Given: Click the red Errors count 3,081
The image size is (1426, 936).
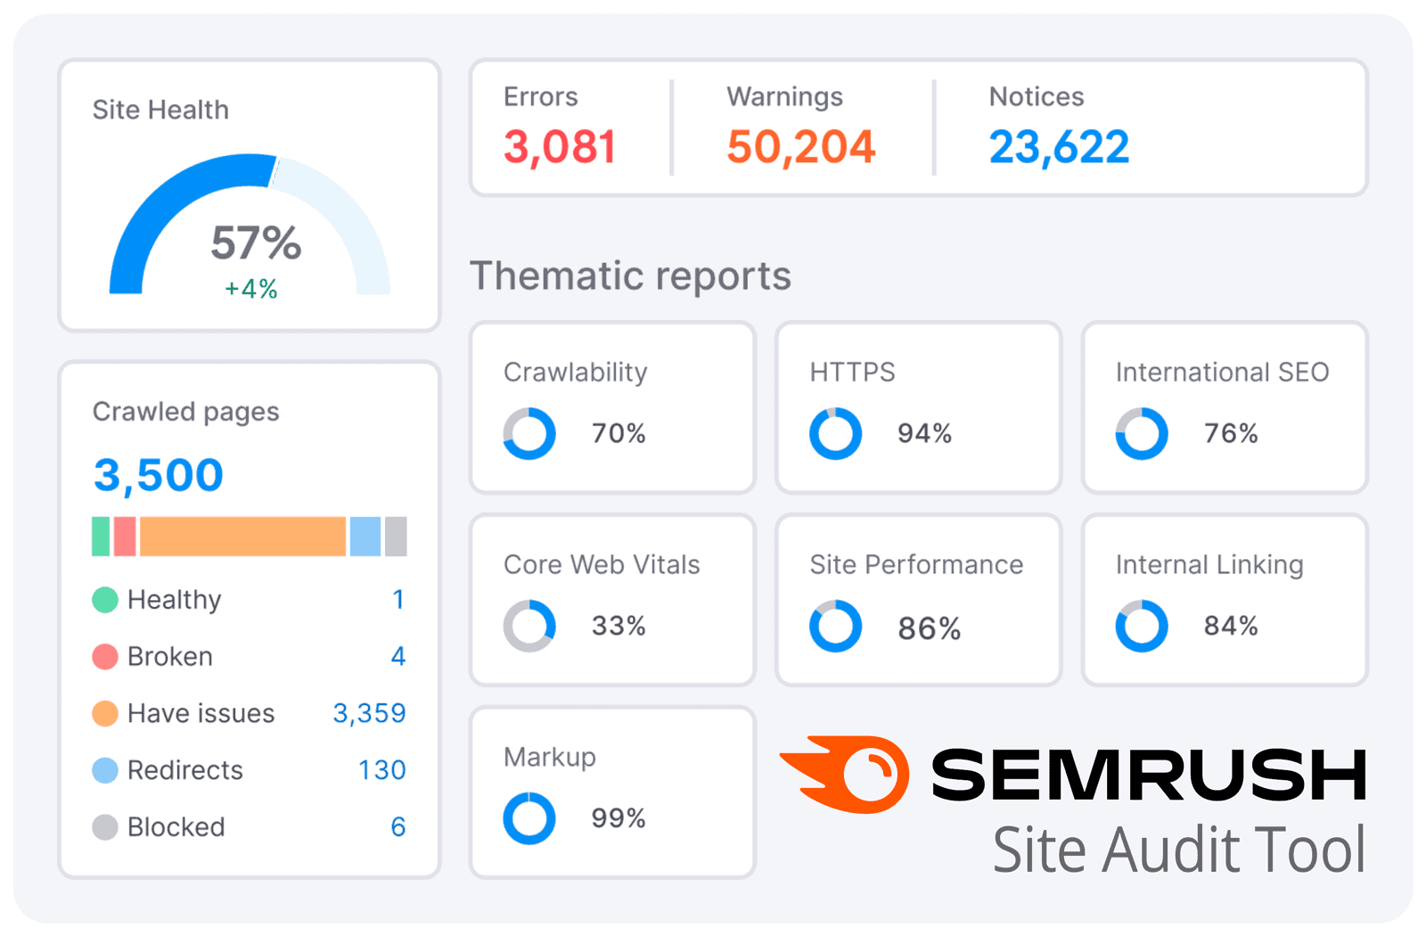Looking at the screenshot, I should [560, 147].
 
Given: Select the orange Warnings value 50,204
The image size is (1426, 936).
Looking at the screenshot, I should [800, 147].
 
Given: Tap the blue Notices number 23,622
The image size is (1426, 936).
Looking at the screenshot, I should [1059, 147].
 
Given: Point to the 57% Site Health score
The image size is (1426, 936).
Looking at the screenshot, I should [256, 242].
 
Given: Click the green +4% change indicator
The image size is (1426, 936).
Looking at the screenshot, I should [250, 289].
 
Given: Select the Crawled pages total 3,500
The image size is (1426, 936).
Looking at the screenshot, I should [158, 475].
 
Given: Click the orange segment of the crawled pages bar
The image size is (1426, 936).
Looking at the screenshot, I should [242, 537].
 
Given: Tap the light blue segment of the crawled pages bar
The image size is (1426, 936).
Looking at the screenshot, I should [365, 537].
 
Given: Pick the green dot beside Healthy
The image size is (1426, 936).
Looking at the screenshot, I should [105, 600].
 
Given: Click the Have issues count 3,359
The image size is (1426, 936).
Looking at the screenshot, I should [369, 713].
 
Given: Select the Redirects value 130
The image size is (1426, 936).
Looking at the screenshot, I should [381, 770].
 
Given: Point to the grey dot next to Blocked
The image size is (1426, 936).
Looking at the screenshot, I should [105, 827].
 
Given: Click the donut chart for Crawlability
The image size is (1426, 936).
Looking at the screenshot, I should [529, 434].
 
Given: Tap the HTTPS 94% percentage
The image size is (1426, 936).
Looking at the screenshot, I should [924, 434].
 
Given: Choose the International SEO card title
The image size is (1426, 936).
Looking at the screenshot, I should [1221, 372].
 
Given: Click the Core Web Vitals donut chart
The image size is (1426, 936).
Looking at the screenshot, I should [529, 626].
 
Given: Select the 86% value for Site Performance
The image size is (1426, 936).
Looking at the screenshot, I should [929, 628].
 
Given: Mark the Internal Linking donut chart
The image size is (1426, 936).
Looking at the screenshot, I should [1142, 626].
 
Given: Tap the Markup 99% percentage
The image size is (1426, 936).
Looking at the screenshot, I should [619, 818].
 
